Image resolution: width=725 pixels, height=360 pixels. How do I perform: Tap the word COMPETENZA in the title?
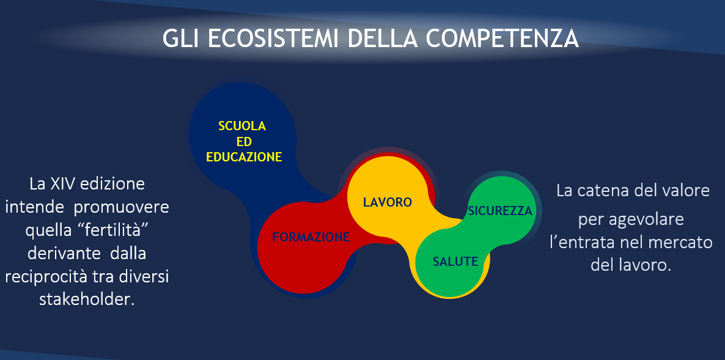coord(502,39)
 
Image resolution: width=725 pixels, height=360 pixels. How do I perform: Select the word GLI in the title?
coord(182,39)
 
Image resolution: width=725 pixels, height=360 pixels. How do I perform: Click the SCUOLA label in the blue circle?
coord(242,126)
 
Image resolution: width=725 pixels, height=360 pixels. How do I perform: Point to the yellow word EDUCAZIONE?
coord(244,157)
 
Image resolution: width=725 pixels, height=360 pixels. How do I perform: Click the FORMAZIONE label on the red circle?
coord(311,238)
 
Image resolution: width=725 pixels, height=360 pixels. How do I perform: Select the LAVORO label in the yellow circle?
coord(388,202)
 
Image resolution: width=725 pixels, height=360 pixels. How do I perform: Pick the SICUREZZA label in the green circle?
coord(500,211)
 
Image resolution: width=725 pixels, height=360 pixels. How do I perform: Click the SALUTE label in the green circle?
coord(455,262)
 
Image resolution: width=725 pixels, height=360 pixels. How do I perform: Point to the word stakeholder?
coord(87,299)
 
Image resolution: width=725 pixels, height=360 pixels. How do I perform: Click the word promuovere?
coord(122,208)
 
